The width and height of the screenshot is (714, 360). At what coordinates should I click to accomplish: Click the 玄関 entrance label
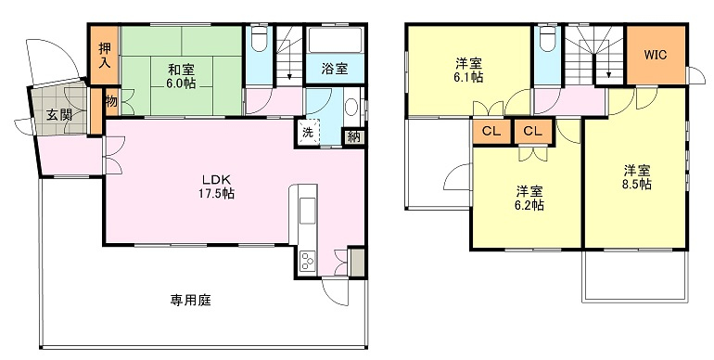59,114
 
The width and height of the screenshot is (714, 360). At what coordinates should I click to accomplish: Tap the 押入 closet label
105,55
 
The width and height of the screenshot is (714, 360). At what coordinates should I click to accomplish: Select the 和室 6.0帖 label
181,77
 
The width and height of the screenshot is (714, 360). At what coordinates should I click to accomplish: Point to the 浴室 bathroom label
335,69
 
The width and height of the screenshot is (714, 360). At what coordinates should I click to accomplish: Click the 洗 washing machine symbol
309,133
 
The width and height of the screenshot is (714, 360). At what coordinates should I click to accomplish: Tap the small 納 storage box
354,136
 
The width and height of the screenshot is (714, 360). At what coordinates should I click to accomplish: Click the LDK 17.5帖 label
216,186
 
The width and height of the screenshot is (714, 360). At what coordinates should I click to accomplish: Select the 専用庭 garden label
191,300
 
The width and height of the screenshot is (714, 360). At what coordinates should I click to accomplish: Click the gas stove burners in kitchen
307,262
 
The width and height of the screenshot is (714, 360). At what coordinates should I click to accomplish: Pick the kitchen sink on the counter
307,211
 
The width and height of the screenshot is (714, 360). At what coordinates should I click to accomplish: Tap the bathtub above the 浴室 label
335,40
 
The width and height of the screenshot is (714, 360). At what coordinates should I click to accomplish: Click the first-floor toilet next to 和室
259,38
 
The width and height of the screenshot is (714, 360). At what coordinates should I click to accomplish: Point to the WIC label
656,55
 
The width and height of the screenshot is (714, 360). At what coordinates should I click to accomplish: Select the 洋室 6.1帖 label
468,70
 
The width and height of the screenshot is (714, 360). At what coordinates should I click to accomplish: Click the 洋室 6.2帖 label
529,199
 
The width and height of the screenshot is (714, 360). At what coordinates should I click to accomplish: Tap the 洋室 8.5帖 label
637,178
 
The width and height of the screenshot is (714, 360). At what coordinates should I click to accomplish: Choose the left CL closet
491,132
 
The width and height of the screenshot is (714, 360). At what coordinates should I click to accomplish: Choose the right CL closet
533,132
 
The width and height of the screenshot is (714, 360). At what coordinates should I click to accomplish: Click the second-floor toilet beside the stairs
547,38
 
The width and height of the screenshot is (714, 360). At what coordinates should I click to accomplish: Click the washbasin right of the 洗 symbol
351,108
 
